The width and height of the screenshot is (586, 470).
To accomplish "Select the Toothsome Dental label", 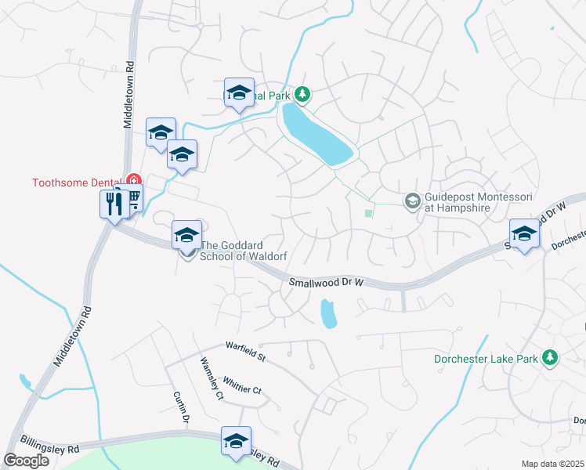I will coord(74,183).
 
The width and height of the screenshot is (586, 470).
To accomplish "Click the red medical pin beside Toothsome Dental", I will coord(133,181).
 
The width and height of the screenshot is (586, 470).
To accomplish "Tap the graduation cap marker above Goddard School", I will coord(187,235).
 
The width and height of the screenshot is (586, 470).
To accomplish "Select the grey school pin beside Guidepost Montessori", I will coord(412,202).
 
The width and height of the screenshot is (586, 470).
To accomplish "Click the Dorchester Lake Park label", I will coord(486,360).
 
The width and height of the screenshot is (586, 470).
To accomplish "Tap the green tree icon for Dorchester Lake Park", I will coord(551,358).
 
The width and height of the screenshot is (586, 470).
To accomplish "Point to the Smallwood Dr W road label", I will coord(327,282).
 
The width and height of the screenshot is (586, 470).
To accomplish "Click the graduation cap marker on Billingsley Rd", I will coord(236,441).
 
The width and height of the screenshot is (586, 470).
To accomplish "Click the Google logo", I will coord(26,460).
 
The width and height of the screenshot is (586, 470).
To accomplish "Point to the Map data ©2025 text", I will coord(552,464).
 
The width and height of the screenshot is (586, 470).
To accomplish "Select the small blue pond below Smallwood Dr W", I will coord(328,314).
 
